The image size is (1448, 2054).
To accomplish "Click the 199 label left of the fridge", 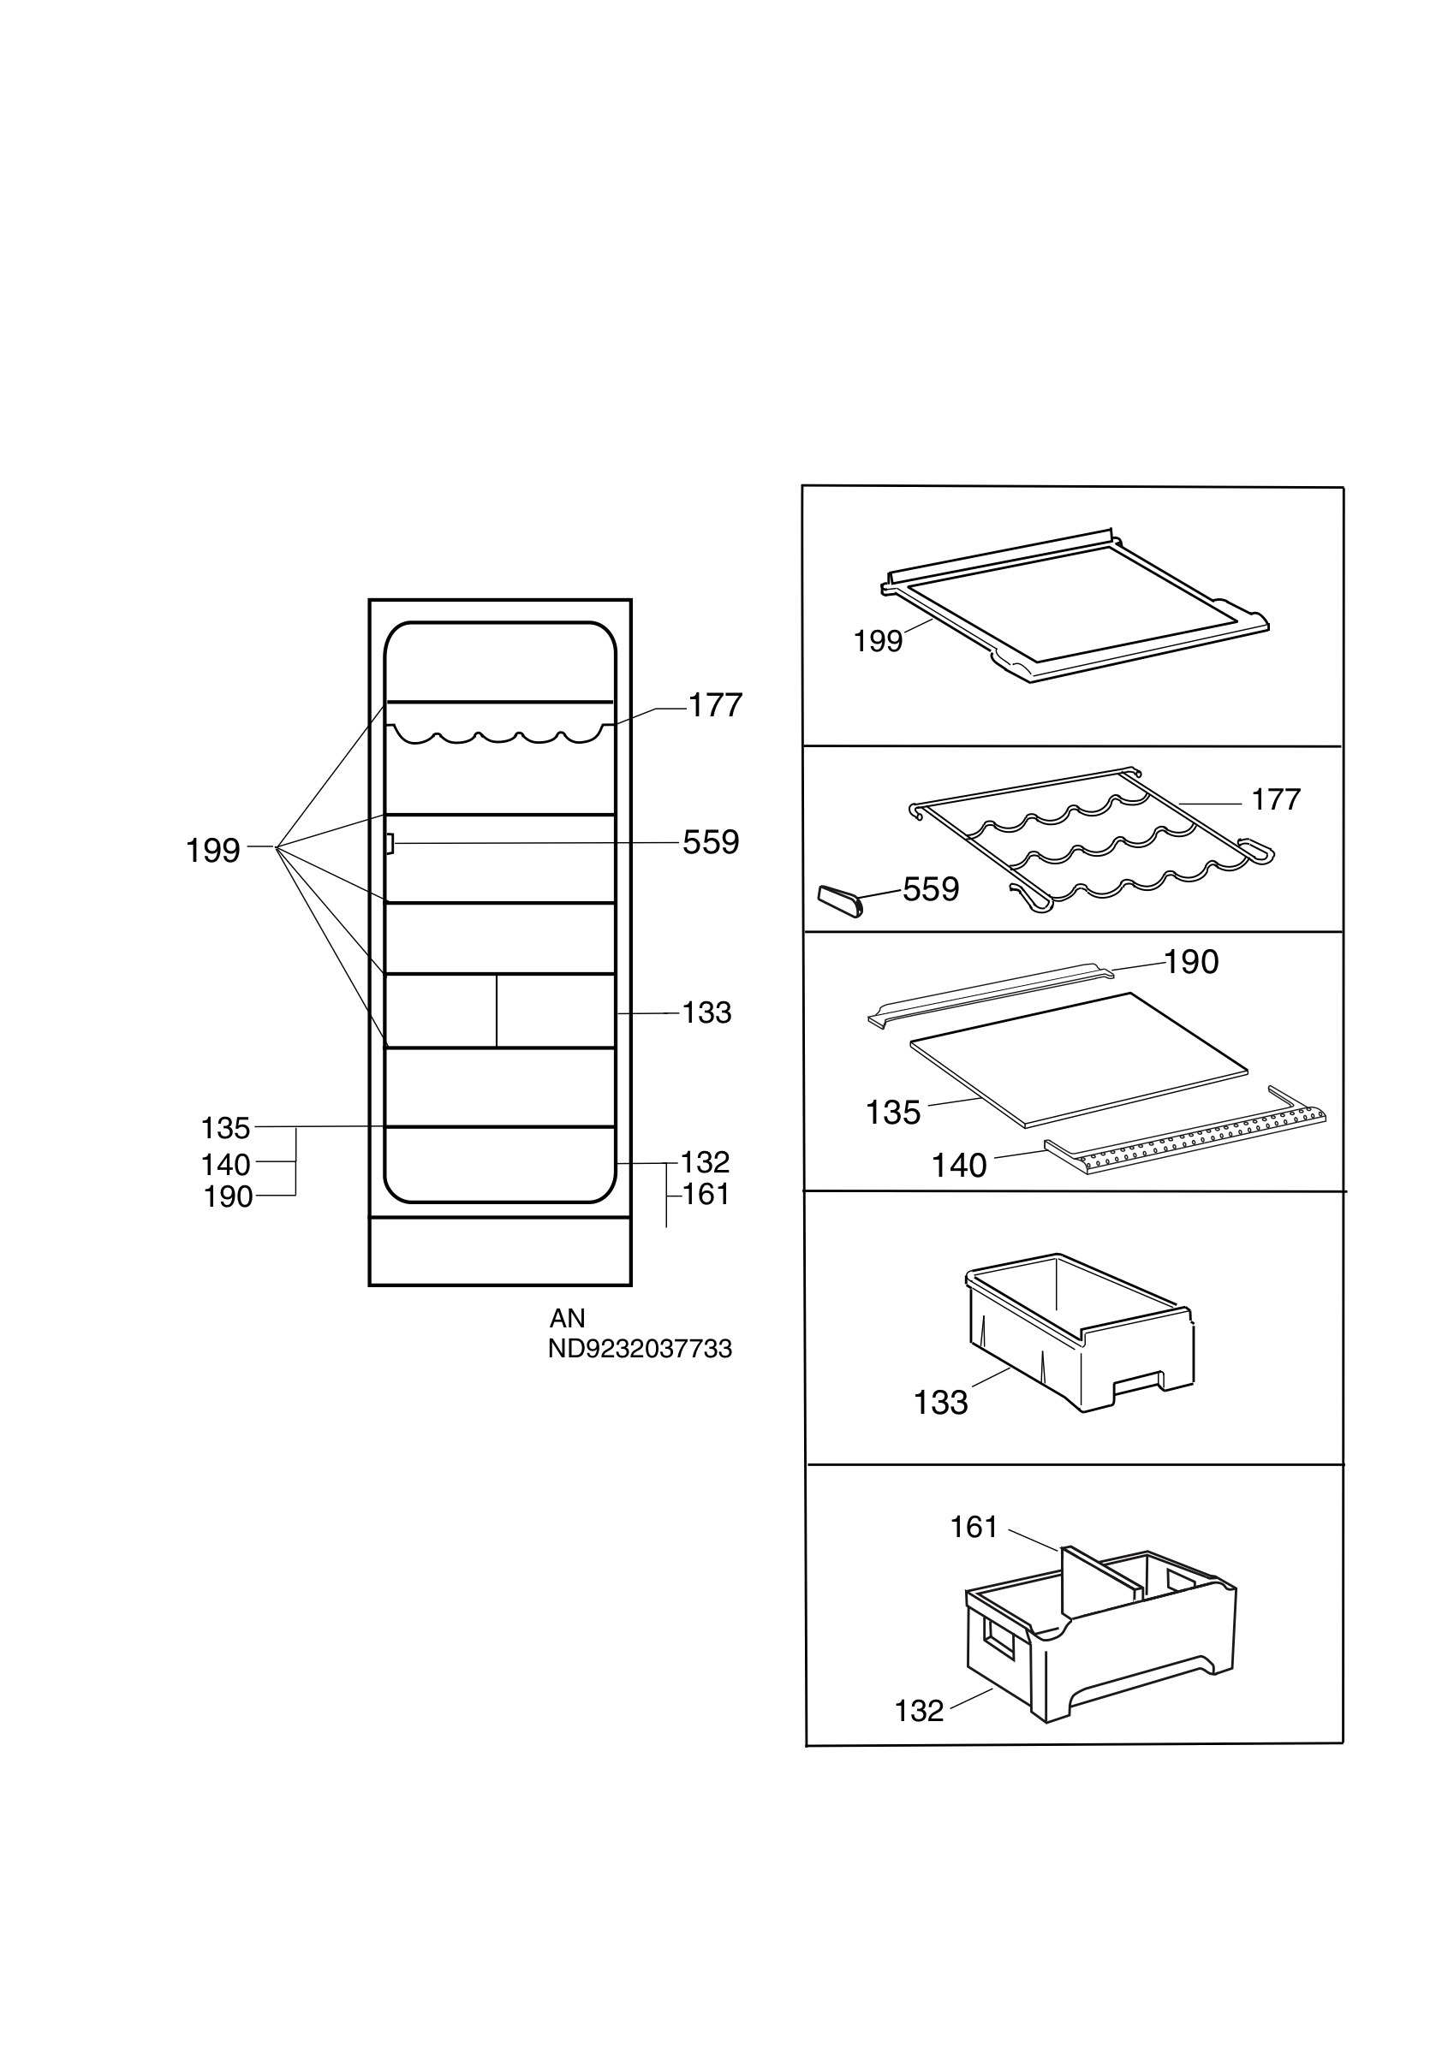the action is (213, 850).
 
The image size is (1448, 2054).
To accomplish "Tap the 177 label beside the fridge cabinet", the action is (715, 706).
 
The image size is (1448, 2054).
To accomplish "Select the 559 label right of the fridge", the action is (711, 843).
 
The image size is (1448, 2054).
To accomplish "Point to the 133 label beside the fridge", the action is (707, 1012).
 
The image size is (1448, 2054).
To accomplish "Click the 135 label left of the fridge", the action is (225, 1128).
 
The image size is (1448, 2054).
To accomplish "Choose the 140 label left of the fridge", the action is (225, 1165).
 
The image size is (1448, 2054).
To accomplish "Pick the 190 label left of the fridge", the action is (229, 1197).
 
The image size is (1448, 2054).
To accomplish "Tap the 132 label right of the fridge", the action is (706, 1162).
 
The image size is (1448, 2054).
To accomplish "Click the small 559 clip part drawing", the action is (840, 901).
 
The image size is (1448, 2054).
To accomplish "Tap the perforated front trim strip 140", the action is (1185, 1141).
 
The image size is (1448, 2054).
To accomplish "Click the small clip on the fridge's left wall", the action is (390, 844).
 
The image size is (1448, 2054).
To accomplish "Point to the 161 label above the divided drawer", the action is (974, 1527).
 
